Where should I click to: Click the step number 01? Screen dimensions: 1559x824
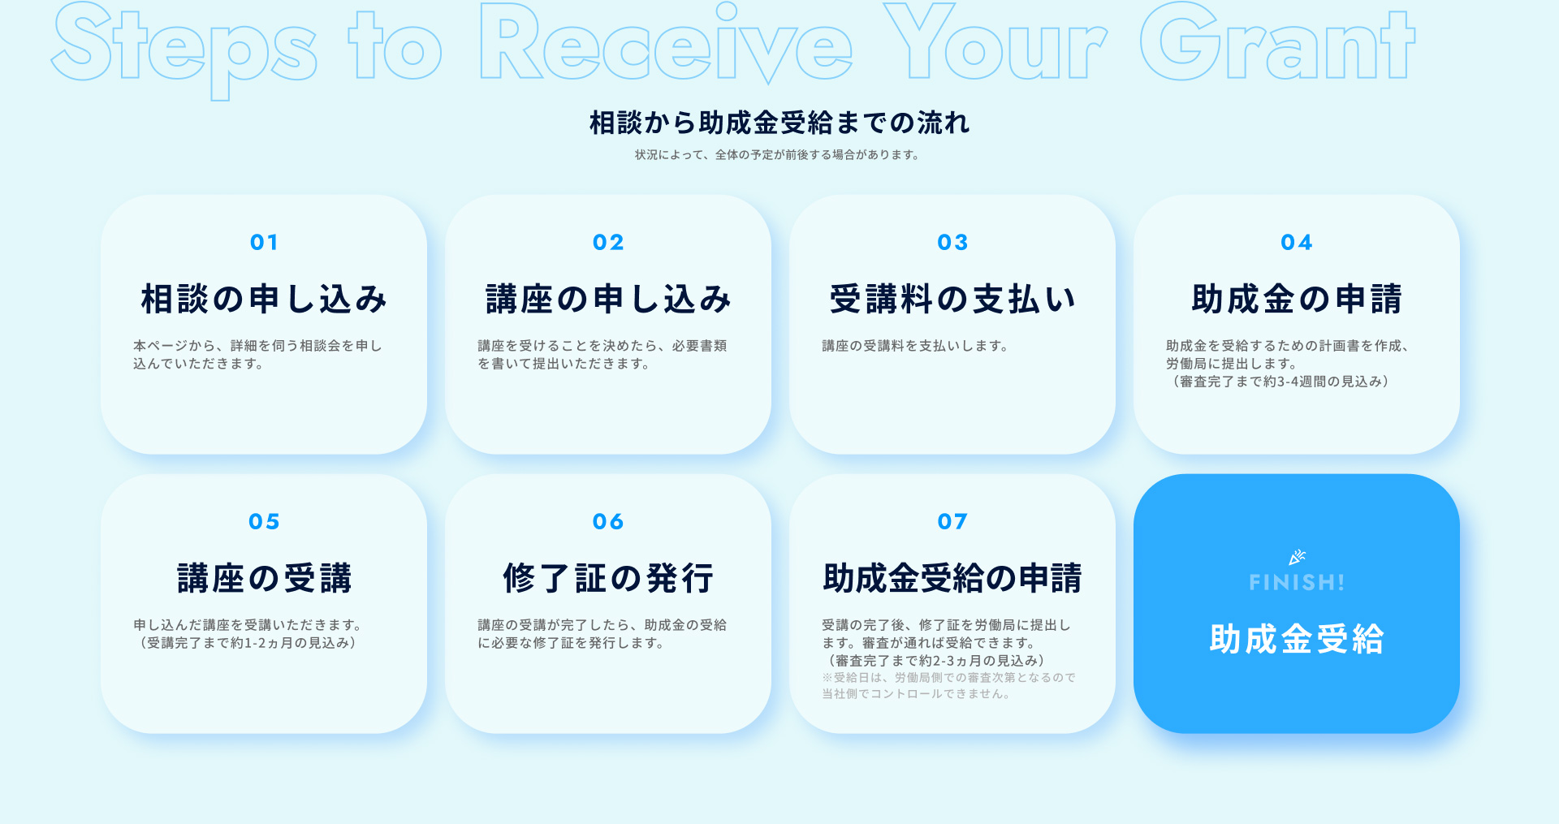[264, 242]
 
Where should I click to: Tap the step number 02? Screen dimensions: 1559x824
[608, 242]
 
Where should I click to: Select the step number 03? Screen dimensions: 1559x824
[952, 242]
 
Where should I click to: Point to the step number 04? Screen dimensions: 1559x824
[1297, 242]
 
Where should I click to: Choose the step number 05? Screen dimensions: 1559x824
[264, 521]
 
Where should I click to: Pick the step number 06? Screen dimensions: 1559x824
[608, 521]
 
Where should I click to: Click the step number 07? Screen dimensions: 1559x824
[952, 521]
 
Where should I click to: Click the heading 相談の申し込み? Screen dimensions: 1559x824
[264, 299]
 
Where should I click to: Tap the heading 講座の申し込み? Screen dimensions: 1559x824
[608, 299]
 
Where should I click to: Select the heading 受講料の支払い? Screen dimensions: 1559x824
[952, 299]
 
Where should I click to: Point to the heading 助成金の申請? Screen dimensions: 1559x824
[1297, 299]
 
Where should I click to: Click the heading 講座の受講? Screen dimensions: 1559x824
[264, 578]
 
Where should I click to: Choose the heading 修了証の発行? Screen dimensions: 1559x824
[608, 578]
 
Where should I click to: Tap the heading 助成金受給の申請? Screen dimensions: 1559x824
[952, 578]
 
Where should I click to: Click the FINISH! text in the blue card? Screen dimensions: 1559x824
[1297, 582]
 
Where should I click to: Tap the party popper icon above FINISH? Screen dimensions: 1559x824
[1297, 557]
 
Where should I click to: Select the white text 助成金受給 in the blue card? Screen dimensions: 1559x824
[1297, 639]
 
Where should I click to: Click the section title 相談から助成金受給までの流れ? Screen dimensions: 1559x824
[779, 123]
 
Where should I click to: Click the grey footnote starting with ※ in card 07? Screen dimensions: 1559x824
[948, 686]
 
